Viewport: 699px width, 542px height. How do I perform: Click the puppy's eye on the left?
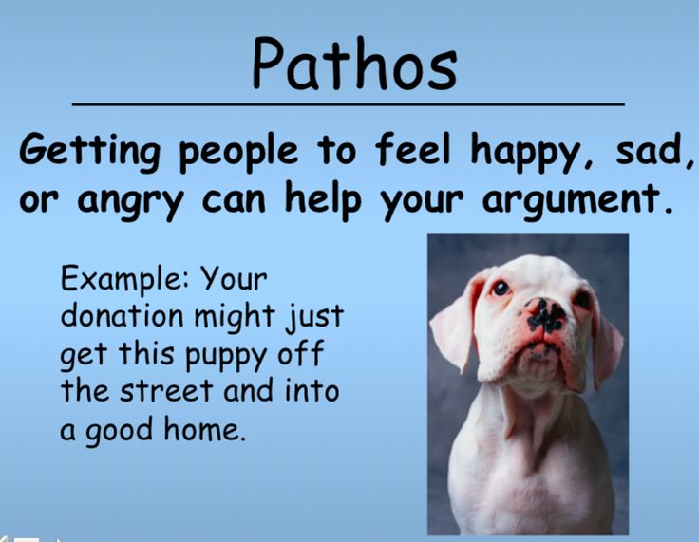pos(501,287)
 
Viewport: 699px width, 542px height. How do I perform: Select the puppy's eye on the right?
pos(581,299)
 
